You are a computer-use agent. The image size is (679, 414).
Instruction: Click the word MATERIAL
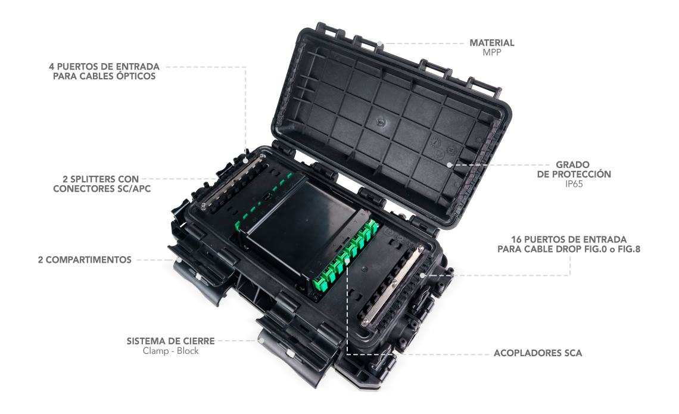(x=492, y=43)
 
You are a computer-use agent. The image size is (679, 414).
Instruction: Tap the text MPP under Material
(x=492, y=52)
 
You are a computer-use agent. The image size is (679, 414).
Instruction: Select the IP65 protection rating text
(x=574, y=184)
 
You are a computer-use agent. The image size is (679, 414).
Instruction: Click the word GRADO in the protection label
(x=572, y=165)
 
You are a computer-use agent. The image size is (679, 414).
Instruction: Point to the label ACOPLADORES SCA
(x=538, y=353)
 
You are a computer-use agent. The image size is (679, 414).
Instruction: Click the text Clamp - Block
(x=170, y=351)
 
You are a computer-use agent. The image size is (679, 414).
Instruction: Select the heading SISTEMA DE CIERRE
(x=170, y=341)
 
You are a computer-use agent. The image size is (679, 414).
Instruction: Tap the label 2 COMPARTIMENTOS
(x=85, y=260)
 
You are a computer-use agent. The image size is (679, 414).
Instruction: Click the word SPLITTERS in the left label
(x=92, y=179)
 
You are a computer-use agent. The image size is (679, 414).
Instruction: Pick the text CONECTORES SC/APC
(x=102, y=189)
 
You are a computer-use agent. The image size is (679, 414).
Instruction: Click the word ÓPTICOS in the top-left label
(x=136, y=76)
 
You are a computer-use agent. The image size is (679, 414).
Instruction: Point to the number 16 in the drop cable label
(x=516, y=239)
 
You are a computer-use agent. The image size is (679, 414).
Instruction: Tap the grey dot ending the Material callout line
(x=379, y=43)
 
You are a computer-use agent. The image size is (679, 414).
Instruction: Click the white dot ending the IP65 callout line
(x=450, y=165)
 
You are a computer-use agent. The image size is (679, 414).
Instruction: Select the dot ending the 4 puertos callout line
(x=245, y=160)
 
